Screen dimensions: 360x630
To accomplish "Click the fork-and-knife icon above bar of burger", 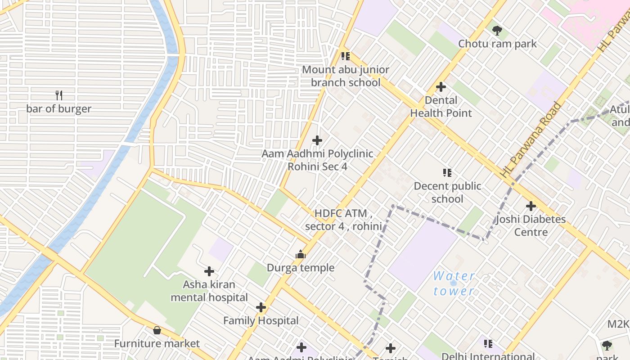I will (58, 95).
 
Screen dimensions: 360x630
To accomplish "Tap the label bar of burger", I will (58, 109).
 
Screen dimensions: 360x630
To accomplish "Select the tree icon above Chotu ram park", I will (497, 31).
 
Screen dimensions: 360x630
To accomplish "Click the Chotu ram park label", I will (497, 44).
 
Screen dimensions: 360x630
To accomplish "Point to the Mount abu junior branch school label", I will (345, 76).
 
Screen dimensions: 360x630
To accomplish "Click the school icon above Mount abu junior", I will (345, 56).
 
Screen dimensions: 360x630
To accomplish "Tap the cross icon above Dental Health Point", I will (441, 87).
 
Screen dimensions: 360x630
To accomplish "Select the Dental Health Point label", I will (441, 107).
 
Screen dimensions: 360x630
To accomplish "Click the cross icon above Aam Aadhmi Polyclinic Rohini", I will (317, 140).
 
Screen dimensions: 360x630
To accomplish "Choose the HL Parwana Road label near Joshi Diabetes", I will (531, 139).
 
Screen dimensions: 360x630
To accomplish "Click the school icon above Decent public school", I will (447, 173).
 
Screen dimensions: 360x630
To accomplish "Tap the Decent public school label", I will (447, 192).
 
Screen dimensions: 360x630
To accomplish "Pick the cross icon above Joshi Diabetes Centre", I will (531, 206).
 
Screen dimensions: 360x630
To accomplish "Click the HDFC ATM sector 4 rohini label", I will (343, 220).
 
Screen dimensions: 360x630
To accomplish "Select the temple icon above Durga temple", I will (301, 255).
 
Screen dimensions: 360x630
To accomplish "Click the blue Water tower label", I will (454, 283).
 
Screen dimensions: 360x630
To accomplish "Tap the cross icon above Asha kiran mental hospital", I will (209, 271).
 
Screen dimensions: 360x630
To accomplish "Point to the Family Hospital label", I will (261, 321).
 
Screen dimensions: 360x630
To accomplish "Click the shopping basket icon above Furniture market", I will (157, 331).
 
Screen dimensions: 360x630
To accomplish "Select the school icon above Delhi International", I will (488, 344).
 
